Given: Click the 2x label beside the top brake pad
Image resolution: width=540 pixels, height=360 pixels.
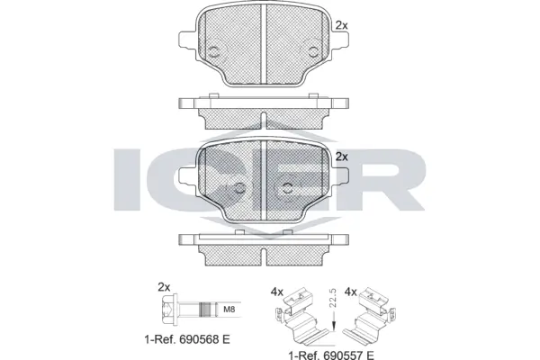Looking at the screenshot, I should (340, 25).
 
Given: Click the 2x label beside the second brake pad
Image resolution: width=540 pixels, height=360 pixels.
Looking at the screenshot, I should (340, 156).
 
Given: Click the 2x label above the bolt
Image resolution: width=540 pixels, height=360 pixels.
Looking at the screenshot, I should (164, 287).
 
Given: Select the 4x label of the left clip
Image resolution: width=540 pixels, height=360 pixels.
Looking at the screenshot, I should (278, 291).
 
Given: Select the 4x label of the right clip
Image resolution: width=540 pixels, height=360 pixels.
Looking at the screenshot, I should (352, 291).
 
